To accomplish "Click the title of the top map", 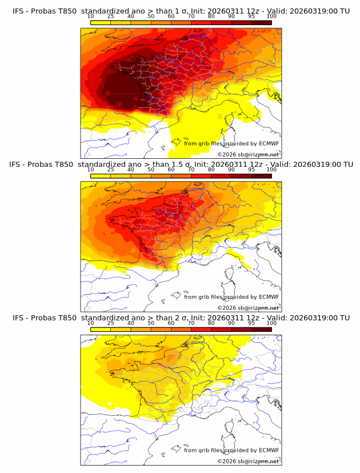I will point(180,11).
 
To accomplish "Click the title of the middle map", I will point(180,164).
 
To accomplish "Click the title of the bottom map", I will point(180,318).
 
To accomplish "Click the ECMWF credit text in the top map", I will point(231,143).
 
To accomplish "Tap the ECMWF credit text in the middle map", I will point(231,296).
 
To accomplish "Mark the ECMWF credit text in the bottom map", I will point(231,450).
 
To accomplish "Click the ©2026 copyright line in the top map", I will point(248,154).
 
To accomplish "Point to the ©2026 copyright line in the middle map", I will point(248,307).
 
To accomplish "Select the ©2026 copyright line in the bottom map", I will point(248,461).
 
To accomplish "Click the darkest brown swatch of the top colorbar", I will point(261,22).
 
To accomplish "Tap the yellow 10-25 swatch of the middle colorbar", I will point(100,175).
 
